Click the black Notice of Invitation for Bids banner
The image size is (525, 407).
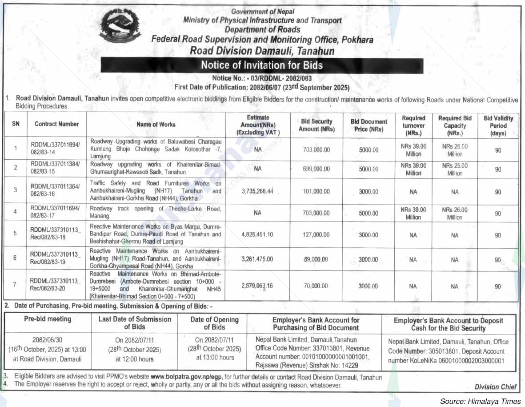click(262, 65)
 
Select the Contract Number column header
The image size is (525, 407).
click(56, 124)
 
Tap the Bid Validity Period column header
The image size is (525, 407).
click(498, 125)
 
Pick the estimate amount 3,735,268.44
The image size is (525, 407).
click(257, 191)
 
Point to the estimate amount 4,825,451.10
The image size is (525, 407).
click(257, 234)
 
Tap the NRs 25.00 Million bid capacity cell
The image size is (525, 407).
click(454, 169)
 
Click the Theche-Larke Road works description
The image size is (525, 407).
click(155, 212)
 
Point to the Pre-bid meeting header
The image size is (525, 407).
click(48, 319)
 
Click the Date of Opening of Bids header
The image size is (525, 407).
click(214, 323)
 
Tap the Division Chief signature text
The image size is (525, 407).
click(495, 387)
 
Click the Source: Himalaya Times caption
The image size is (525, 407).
click(480, 401)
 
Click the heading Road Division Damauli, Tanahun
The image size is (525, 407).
click(262, 51)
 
